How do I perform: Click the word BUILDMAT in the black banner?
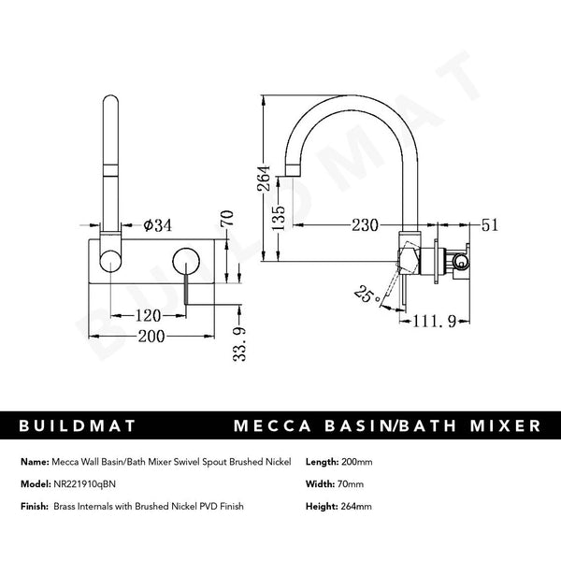(x=79, y=425)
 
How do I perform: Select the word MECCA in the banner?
(x=276, y=425)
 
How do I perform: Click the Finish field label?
(x=34, y=506)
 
